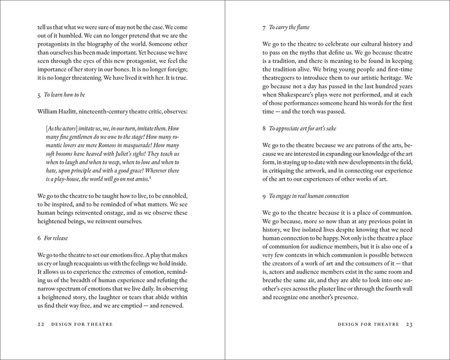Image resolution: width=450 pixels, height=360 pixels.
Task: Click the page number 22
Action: click(41, 324)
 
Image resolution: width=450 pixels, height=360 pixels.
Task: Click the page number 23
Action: click(410, 324)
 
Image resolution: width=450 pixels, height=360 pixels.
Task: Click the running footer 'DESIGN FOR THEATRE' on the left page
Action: click(83, 324)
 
